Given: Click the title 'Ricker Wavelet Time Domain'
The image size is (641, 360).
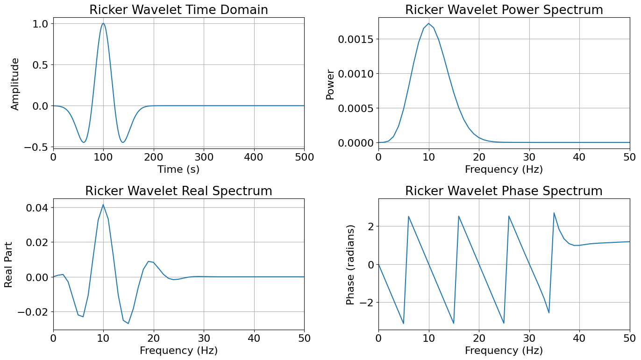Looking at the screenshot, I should pos(178,10).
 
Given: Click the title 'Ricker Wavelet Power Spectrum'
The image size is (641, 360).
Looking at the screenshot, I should pos(504,10).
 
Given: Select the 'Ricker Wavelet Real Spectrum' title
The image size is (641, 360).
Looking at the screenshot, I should pos(178,191).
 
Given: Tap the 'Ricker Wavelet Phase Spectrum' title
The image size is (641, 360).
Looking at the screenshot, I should pos(504,191).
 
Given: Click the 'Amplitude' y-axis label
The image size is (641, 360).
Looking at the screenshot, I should pos(15,84).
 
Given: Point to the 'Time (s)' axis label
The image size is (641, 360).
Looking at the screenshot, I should pos(178,169).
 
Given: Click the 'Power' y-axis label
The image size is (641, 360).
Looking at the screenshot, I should pos(330,85).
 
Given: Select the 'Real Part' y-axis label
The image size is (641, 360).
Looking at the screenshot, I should pos(9,264).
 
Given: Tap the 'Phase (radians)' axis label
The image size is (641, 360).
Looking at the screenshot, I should pos(351,265).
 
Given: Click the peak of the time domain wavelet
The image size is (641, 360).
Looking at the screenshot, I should pos(103,23).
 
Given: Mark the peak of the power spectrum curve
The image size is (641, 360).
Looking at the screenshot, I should pos(428,23).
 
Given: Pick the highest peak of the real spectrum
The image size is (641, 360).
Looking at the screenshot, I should pos(103,205).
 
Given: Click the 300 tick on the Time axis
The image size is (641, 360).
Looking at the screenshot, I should pos(204,156).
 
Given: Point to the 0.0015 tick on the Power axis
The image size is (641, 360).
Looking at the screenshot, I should pos(357,39).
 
